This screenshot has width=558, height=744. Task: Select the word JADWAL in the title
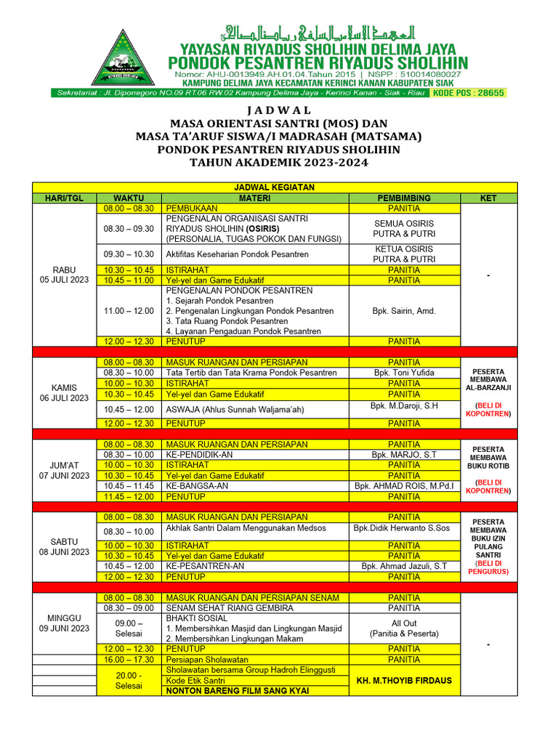[x=278, y=110]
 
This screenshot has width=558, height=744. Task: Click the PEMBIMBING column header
[x=404, y=198]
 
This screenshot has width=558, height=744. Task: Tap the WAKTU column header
[x=129, y=198]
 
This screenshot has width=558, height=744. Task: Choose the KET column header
[x=489, y=198]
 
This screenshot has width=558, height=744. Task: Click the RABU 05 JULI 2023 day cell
[x=64, y=275]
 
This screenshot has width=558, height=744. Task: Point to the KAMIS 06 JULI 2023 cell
[x=64, y=392]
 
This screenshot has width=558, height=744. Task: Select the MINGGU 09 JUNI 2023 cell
[x=64, y=623]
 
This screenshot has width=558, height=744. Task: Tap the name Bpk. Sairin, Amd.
[x=404, y=311]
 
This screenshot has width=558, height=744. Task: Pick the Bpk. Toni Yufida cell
[x=404, y=373]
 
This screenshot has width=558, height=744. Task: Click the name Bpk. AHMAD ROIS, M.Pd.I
[x=404, y=486]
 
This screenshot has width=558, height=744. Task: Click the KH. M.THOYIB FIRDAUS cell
[x=404, y=681]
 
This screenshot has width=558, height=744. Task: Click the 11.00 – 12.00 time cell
[x=129, y=311]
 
